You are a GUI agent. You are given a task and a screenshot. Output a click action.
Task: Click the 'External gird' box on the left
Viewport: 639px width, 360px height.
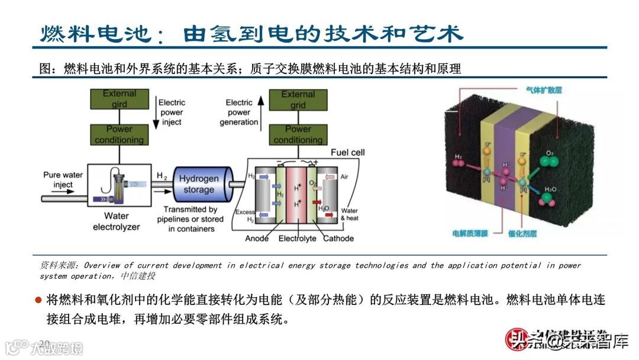(119, 99)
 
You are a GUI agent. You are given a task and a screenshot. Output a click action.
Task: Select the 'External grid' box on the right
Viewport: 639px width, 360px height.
(298, 99)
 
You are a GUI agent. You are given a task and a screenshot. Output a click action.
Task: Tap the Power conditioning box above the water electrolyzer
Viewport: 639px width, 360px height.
(119, 134)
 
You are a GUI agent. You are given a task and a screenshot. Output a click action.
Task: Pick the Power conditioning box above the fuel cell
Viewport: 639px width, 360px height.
(298, 134)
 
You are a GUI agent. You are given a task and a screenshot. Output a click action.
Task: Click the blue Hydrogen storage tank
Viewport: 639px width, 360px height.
(199, 184)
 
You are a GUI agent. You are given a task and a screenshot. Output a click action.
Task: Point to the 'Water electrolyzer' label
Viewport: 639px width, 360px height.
(116, 221)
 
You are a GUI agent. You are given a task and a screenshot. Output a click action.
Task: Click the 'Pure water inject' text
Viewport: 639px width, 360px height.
(63, 179)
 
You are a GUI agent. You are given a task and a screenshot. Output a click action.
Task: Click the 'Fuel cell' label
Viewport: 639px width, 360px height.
(347, 152)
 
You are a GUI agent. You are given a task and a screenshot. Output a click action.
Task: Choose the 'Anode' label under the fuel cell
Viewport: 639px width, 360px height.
(257, 238)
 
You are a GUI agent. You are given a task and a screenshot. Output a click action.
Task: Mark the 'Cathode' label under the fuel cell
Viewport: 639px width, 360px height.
(338, 238)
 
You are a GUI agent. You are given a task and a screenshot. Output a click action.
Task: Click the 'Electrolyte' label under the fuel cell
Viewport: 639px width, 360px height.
(297, 238)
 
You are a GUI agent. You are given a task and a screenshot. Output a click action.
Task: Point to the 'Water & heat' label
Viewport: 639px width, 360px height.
(349, 214)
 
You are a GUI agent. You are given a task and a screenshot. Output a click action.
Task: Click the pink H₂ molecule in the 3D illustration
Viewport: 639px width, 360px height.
(458, 161)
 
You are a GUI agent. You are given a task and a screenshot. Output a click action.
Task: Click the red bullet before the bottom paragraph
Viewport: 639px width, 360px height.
(38, 300)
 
